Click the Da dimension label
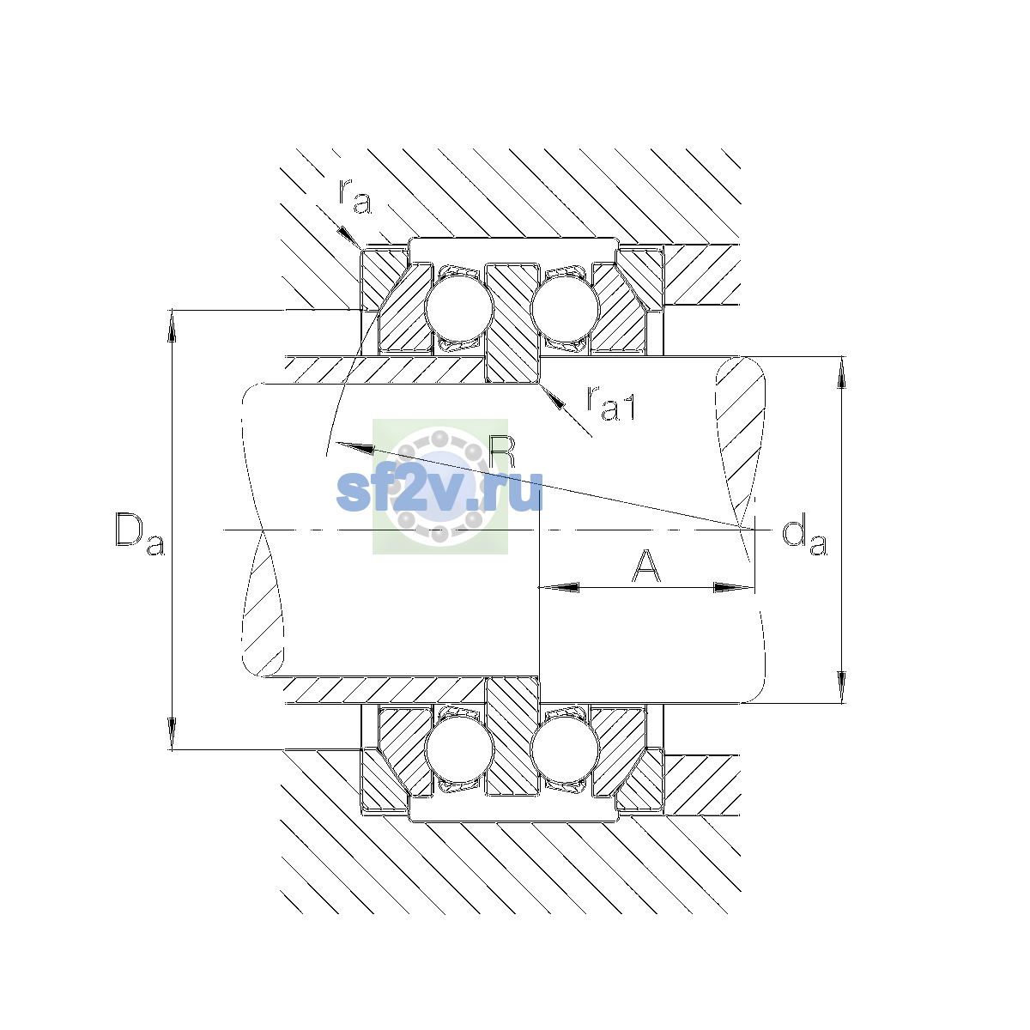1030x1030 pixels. pos(140,534)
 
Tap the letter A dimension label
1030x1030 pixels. pos(645,566)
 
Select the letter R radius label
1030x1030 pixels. pos(502,452)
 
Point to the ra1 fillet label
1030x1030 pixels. pos(611,403)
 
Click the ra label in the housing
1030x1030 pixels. pos(354,197)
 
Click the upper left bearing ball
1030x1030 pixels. pos(458,308)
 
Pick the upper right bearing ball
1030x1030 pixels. pos(565,308)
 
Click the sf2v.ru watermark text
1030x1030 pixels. pos(439,491)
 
